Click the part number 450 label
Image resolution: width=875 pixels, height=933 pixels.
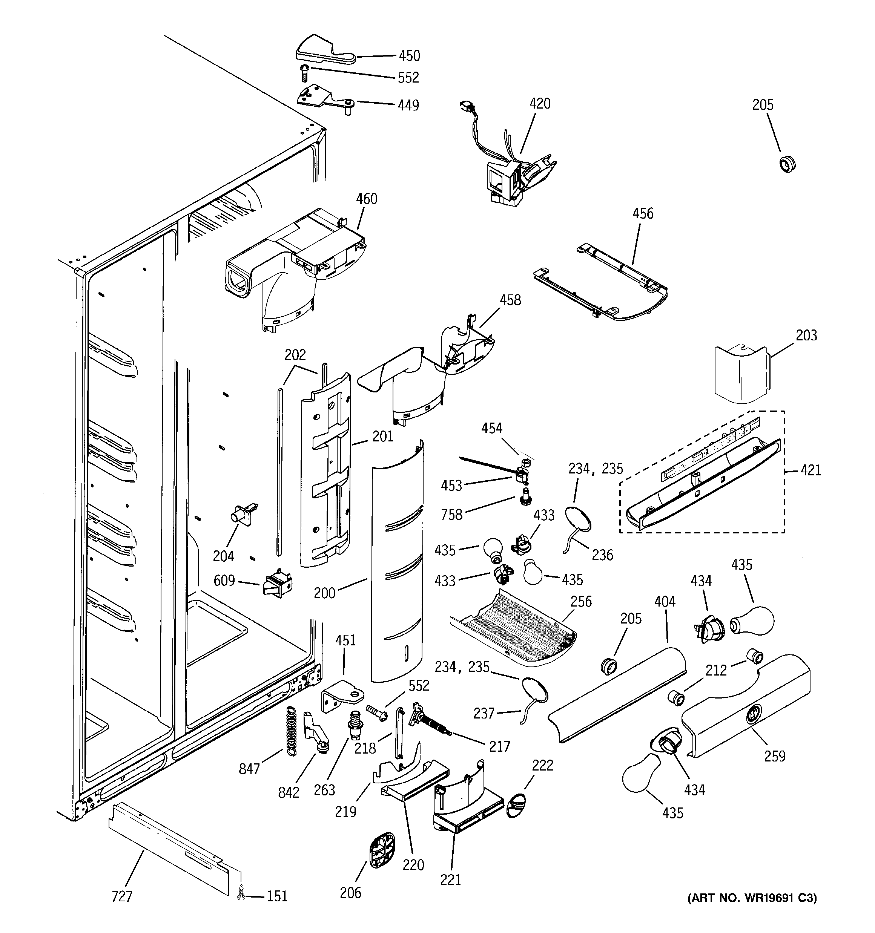[409, 56]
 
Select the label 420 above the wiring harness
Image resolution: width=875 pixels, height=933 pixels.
[540, 104]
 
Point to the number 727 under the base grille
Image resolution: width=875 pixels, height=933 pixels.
[122, 896]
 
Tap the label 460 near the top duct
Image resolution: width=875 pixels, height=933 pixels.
[366, 199]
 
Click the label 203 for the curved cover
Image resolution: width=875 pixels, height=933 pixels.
[806, 336]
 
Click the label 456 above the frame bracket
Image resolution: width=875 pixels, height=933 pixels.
[643, 213]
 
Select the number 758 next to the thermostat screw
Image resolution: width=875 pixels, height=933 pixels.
[451, 515]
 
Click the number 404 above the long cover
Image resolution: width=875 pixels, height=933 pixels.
[665, 602]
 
